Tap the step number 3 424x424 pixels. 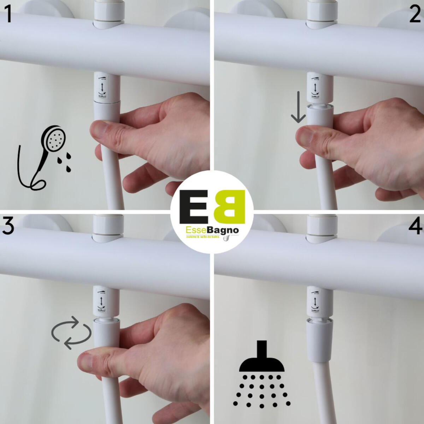(8, 226)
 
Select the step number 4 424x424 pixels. (415, 226)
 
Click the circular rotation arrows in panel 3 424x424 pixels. (71, 332)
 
